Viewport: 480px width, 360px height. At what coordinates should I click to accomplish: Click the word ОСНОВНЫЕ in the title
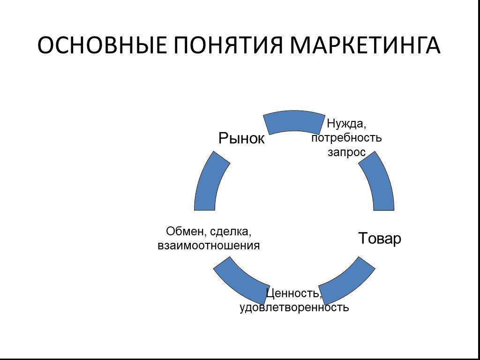(102, 45)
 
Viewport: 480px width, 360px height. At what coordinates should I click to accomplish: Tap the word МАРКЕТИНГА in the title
(365, 45)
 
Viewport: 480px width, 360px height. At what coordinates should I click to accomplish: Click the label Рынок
(241, 138)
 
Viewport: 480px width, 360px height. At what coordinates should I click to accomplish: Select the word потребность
(346, 138)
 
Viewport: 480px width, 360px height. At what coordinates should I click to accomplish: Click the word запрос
(346, 152)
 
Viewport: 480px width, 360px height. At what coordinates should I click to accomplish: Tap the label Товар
(380, 238)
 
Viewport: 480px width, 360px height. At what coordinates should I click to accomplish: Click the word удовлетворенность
(294, 307)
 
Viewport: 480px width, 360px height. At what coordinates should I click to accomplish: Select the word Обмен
(182, 232)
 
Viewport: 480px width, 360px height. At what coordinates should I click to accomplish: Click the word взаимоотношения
(209, 246)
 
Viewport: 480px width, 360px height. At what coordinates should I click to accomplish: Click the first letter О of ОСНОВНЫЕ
(45, 45)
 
